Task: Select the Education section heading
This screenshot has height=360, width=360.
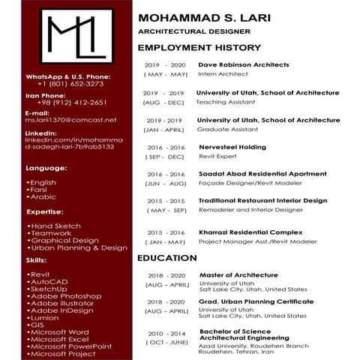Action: (166, 258)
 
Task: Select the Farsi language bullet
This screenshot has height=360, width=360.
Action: (42, 190)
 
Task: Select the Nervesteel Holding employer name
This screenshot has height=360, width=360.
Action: (232, 147)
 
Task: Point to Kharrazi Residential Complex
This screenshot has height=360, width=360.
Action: (250, 232)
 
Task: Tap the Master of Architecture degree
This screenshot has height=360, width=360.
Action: (238, 275)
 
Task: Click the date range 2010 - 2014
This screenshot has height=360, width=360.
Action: (166, 333)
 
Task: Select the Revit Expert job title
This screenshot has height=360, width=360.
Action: (217, 157)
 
